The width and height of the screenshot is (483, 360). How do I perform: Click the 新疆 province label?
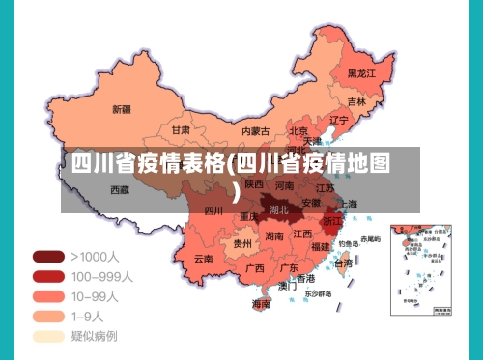coord(122,108)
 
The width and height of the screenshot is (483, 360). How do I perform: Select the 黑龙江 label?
coord(361,73)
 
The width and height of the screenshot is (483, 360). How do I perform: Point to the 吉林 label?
coord(356,101)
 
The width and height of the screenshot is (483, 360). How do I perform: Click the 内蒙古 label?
coord(256,130)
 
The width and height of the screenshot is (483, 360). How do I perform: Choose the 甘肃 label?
coord(181,129)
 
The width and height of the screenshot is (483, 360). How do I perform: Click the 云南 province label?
coord(203,259)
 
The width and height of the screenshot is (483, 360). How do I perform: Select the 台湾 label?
coord(343,263)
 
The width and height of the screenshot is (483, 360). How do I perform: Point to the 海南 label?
coord(261,303)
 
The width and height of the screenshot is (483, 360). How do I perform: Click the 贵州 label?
coord(242,244)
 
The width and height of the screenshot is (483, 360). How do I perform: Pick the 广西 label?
coord(255,267)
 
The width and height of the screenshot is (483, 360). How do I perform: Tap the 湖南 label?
coord(273,236)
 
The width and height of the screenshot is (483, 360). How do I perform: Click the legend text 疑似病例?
coord(95,336)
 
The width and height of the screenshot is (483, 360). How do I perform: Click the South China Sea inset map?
coord(424,269)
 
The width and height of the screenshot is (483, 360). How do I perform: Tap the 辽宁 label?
coord(338,121)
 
